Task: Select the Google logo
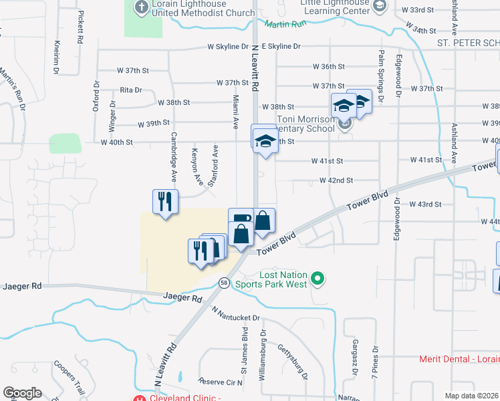pos(22,393)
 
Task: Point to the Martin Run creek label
pos(285,25)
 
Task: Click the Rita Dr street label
pos(131,90)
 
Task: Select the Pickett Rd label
pos(80,27)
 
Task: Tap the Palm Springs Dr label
pos(381,76)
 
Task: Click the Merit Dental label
pos(459,359)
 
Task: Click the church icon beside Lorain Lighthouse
pos(142,7)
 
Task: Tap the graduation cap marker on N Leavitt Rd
pos(264,139)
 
